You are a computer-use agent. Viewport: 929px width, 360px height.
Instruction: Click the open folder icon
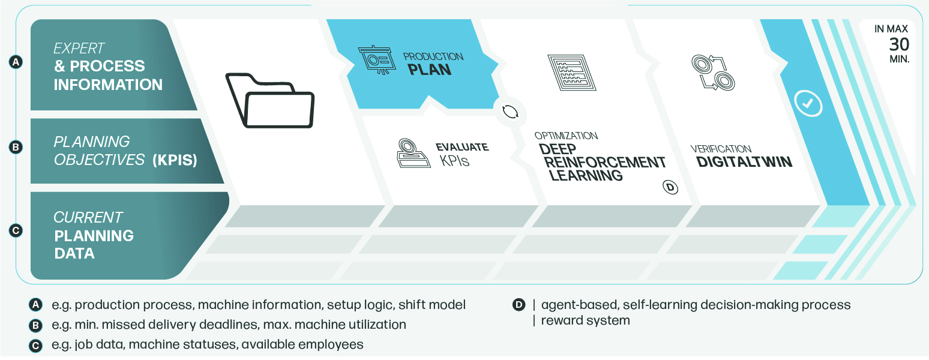tap(270, 101)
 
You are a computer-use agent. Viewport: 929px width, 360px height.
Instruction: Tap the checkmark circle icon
tap(808, 103)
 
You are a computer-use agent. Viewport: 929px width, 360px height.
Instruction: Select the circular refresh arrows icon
tap(510, 112)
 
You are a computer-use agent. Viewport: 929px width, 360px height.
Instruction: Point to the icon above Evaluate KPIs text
tap(412, 153)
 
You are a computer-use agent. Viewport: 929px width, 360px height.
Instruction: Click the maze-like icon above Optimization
tap(571, 73)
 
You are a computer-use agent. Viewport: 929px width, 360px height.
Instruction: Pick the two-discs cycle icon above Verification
tap(713, 73)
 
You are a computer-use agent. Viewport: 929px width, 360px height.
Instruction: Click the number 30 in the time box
tap(899, 44)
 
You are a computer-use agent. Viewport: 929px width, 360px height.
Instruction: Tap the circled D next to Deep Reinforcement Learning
tap(670, 187)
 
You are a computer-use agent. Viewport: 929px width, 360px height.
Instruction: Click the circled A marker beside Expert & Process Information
tap(16, 62)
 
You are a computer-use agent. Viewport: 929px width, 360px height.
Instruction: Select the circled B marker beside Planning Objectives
tap(16, 147)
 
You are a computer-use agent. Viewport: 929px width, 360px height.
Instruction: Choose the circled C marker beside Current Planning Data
tap(16, 230)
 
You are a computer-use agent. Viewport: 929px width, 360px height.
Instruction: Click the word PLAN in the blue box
tap(430, 70)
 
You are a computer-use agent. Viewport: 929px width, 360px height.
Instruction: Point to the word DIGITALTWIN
tap(744, 162)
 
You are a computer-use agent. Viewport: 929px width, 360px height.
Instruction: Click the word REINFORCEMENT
tap(605, 162)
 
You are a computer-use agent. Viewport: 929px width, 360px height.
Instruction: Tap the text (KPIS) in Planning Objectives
tap(175, 160)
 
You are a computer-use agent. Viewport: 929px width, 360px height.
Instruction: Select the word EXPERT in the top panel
tap(79, 48)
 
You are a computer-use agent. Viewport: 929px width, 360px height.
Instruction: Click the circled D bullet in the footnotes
tap(519, 305)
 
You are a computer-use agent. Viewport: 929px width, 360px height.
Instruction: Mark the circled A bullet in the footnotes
tap(35, 305)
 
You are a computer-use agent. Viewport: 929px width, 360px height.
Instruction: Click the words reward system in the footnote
tap(585, 320)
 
